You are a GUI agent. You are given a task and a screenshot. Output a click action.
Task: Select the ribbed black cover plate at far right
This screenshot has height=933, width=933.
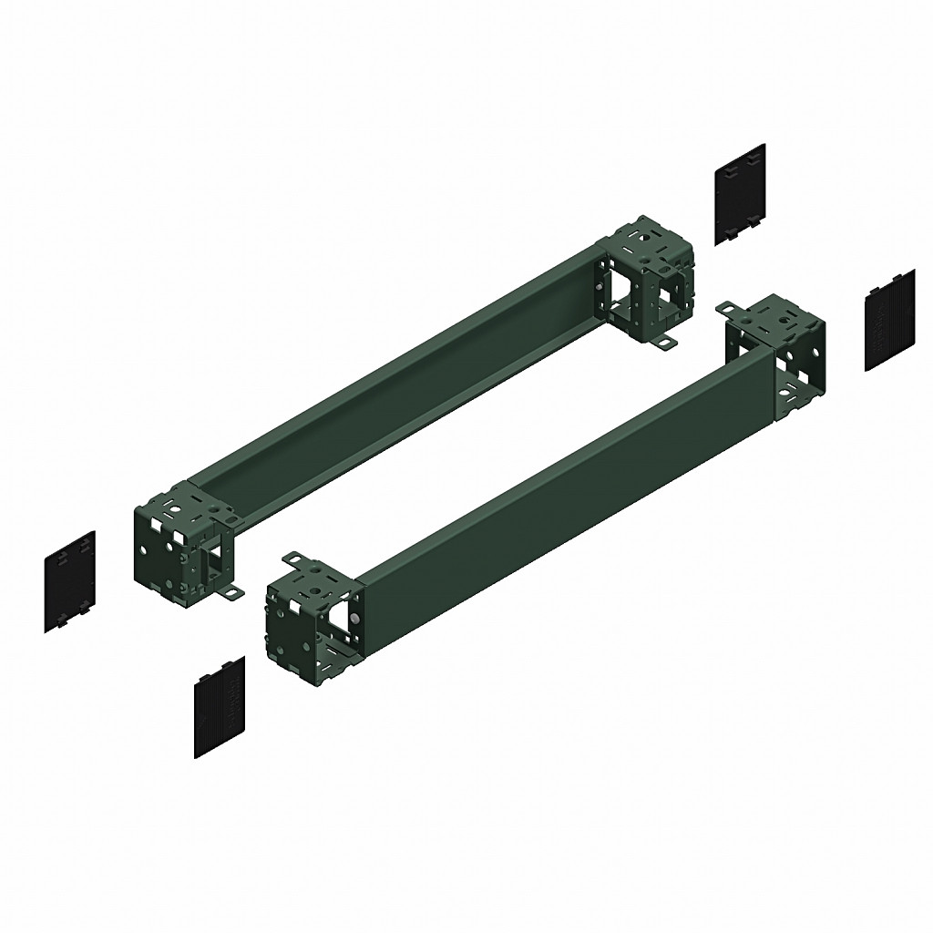(x=889, y=320)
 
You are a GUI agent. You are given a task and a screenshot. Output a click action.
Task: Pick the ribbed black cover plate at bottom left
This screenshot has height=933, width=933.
(x=220, y=705)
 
